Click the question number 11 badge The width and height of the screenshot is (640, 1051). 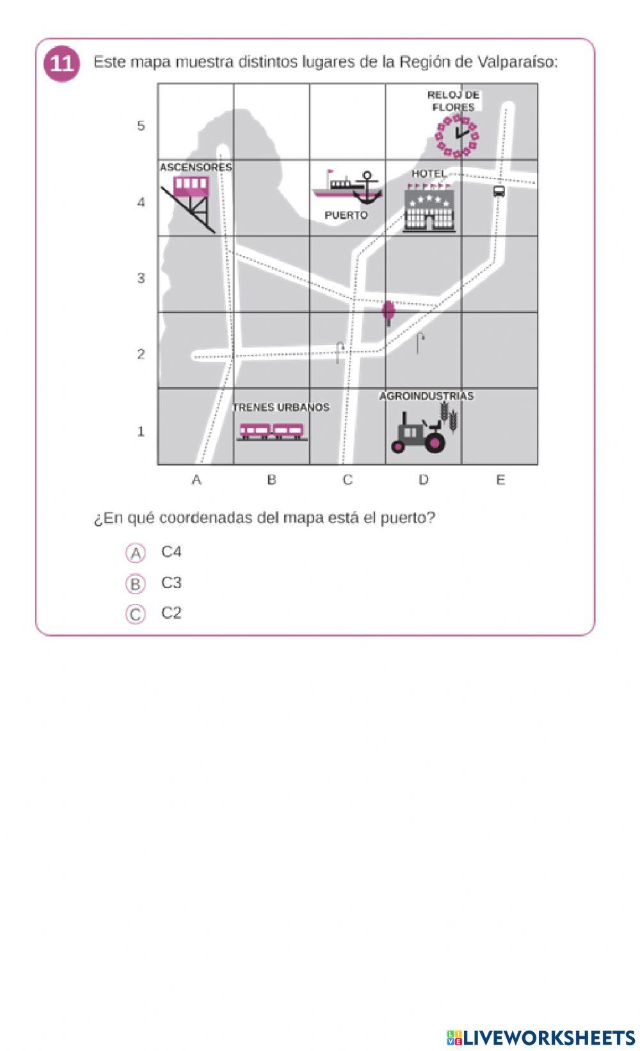point(61,64)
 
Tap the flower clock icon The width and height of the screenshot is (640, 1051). point(456,135)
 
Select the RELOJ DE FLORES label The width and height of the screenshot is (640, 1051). point(453,101)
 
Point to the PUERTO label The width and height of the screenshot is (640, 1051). point(346,216)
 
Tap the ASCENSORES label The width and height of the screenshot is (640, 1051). point(196,168)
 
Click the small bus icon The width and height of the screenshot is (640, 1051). point(499,191)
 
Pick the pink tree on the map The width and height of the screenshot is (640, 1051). point(388,312)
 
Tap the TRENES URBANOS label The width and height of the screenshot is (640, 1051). point(281,407)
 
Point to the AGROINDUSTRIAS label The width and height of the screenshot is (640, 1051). point(426,397)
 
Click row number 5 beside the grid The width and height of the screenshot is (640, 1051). point(141,126)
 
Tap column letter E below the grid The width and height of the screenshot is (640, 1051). point(500,480)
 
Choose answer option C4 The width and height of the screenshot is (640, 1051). point(172,552)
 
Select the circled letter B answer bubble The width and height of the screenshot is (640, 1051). point(136,584)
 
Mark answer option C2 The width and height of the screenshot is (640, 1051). point(172,613)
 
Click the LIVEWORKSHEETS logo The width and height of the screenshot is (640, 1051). point(541,1038)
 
